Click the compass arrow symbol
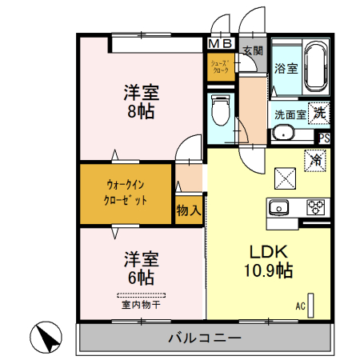47,338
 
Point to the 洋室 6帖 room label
140,268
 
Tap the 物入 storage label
188,210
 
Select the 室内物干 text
141,304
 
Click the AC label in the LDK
301,306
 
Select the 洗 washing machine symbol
319,112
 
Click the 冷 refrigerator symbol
316,159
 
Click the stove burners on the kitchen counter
315,207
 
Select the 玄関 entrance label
253,50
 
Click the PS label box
324,138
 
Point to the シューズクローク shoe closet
220,66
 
